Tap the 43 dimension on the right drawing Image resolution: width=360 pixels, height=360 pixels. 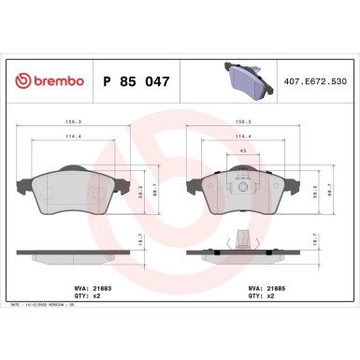[x=242, y=153]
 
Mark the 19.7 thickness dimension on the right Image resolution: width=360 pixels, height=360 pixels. [x=324, y=241]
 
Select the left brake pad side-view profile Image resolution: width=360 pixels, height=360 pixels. [x=74, y=252]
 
